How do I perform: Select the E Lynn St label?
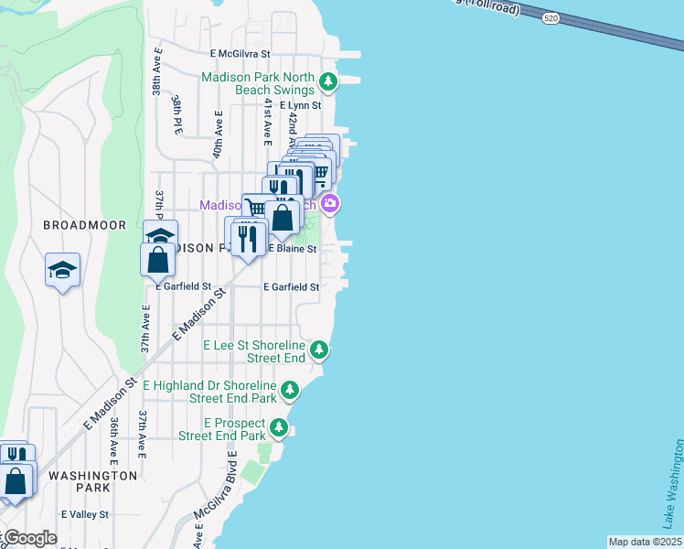point(300,106)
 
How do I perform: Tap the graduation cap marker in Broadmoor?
point(63,270)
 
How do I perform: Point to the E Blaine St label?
point(292,249)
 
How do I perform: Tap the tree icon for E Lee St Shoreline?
point(319,350)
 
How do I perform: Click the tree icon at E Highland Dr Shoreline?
point(290,392)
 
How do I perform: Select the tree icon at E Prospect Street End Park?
point(279,428)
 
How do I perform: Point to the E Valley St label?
point(85,514)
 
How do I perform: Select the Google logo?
point(29,538)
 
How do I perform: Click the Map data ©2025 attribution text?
point(645,542)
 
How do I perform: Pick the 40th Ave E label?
point(219,135)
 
